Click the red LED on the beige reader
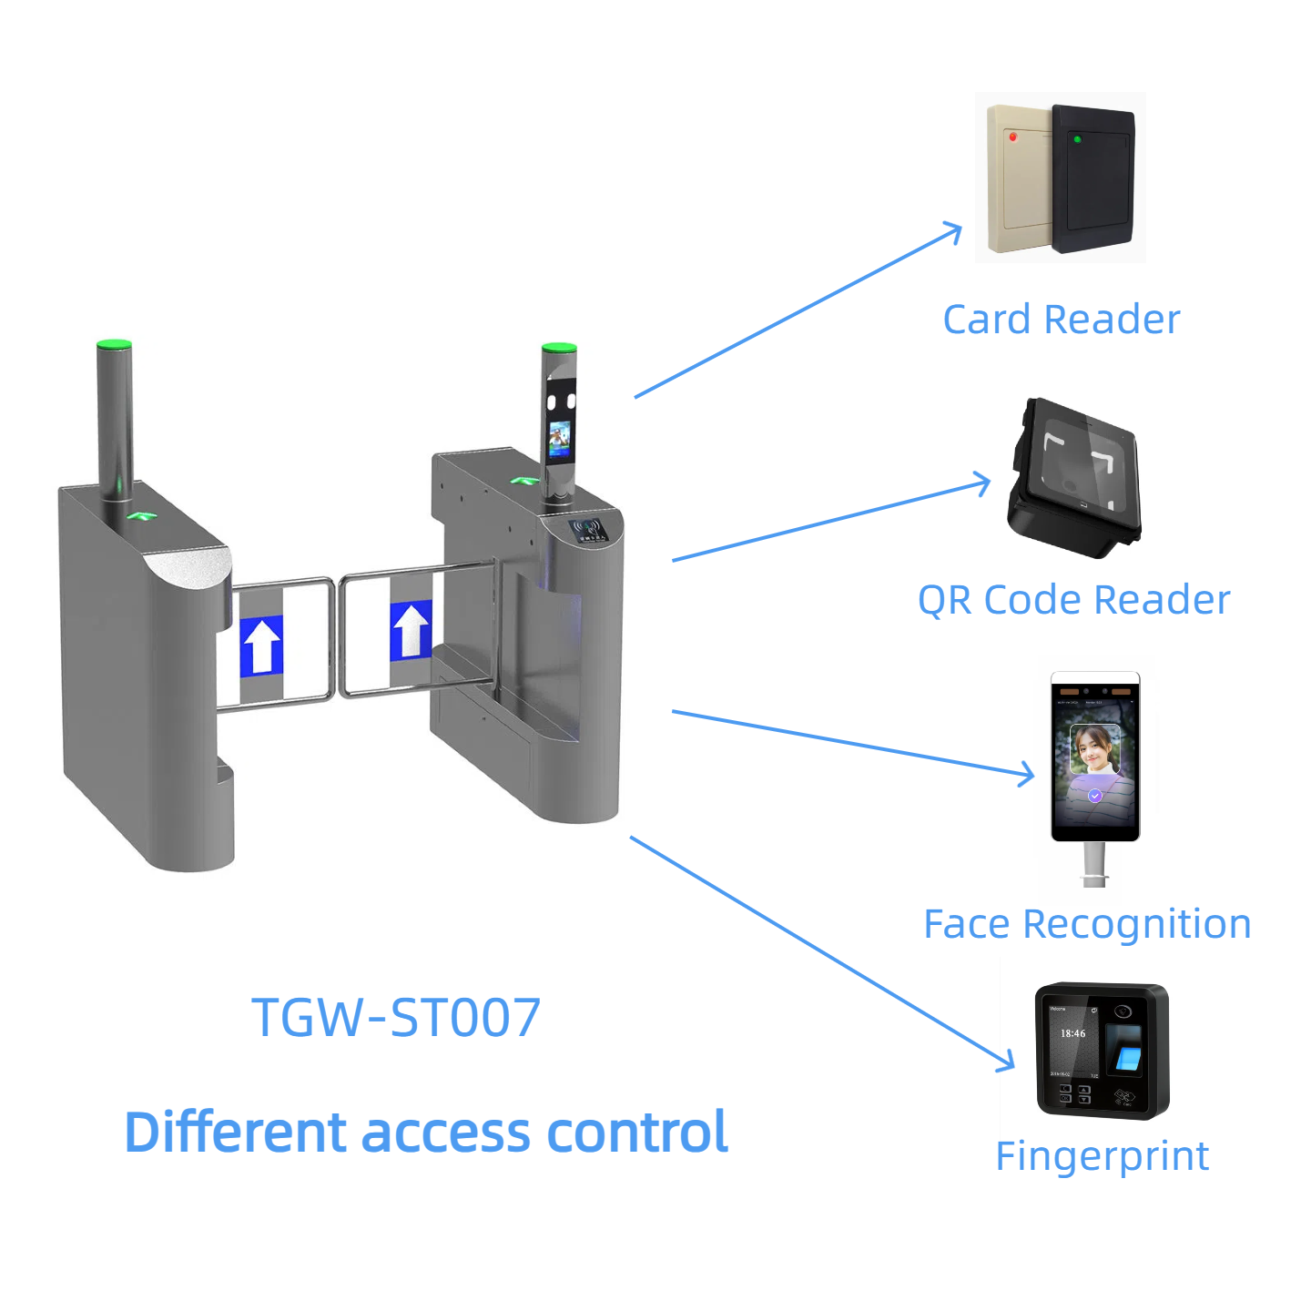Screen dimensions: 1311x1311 tap(1012, 137)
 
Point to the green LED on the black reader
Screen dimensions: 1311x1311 tap(1077, 139)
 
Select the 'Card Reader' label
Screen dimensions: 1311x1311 tap(1061, 320)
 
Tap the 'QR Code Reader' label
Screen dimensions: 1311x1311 tap(1073, 600)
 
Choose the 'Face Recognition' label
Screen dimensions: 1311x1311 tap(1087, 924)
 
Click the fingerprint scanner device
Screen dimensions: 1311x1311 tap(1102, 1051)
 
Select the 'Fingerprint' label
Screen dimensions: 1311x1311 tap(1102, 1156)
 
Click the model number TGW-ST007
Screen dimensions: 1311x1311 tap(396, 1017)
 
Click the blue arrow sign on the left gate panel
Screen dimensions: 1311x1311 tap(262, 645)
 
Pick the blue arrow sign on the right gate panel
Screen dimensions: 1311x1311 tap(411, 630)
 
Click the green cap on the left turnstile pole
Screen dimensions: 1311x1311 tap(114, 345)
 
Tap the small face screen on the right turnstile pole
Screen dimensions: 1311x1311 tap(559, 439)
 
